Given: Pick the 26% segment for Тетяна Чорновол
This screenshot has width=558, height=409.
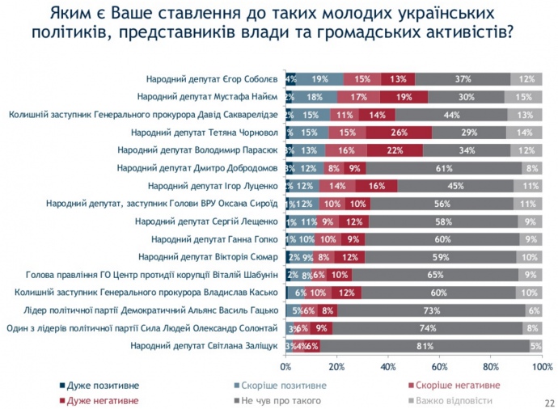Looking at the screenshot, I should pyautogui.click(x=398, y=132).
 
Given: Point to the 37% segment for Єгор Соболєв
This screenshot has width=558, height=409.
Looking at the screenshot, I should pyautogui.click(x=463, y=78).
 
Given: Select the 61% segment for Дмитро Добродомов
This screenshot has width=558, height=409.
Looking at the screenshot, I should pyautogui.click(x=443, y=168).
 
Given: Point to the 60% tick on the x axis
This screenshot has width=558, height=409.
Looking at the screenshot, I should pyautogui.click(x=439, y=366).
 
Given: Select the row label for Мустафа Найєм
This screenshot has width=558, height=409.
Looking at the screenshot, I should pyautogui.click(x=209, y=96).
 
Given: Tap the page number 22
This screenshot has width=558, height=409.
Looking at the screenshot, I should pyautogui.click(x=549, y=401).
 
